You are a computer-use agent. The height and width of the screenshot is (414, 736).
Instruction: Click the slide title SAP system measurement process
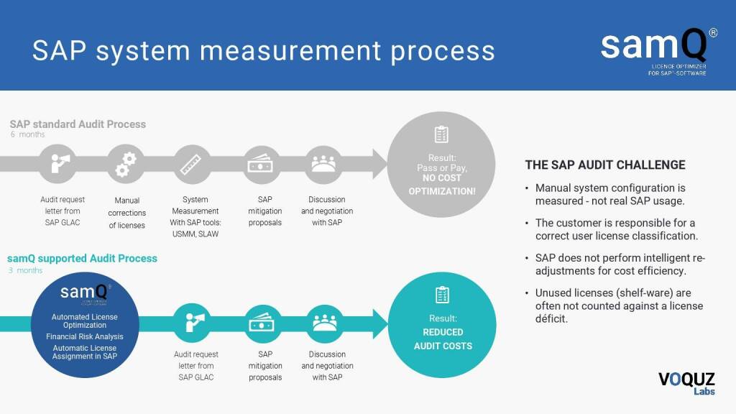264,50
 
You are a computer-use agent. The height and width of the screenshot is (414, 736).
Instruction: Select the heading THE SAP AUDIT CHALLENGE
605,165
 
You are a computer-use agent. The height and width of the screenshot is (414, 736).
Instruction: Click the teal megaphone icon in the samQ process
195,321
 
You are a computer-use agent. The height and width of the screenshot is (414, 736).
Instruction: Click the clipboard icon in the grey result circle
441,134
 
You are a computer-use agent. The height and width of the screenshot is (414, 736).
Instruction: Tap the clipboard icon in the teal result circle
442,295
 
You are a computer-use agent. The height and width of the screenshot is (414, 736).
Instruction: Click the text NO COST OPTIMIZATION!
442,185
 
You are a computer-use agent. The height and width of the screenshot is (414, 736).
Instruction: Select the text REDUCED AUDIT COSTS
443,339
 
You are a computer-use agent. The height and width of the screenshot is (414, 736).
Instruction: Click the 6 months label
27,135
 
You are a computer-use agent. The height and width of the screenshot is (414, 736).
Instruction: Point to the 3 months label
25,271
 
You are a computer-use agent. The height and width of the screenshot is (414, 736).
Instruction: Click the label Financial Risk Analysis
84,336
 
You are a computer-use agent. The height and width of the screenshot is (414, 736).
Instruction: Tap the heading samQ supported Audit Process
82,258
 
